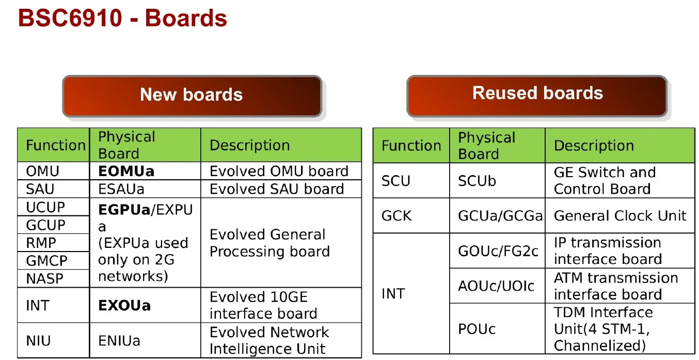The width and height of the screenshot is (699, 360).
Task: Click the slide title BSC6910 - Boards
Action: coord(123,19)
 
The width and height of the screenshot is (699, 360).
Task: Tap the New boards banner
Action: coord(192,95)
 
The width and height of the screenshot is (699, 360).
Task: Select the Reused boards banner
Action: coord(537,93)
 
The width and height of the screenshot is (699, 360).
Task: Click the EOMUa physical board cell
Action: coord(126,171)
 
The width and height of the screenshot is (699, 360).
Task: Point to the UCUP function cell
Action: coord(45,207)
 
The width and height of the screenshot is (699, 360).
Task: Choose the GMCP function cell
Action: coord(46,260)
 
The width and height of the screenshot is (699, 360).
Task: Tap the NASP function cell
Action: coord(44,279)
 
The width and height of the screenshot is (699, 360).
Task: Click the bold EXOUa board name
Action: coord(124,305)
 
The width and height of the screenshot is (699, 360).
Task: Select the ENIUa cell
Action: coord(119,341)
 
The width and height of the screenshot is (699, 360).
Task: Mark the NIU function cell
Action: coord(38,341)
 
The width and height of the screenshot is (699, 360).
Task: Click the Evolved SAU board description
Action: coord(277,189)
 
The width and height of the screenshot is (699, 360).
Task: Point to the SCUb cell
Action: coord(477,181)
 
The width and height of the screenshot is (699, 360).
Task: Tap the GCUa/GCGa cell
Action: coord(500,215)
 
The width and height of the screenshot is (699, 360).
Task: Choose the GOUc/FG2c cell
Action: coord(498,251)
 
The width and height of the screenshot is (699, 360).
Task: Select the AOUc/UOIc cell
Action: coord(496,286)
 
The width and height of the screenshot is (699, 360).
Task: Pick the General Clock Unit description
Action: coord(620,215)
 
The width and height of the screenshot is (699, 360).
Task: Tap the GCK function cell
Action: coord(396,215)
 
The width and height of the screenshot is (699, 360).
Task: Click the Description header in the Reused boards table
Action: coord(594,146)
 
